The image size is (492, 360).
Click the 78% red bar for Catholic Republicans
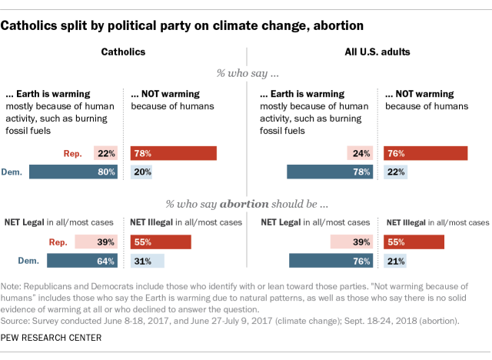[173, 153]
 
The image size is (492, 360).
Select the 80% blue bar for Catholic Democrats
[74, 172]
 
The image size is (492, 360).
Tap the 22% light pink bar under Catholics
[106, 153]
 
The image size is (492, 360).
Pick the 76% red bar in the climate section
[424, 153]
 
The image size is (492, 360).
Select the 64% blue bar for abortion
[82, 261]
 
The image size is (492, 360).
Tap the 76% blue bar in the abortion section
[331, 261]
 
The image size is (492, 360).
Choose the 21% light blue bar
[394, 261]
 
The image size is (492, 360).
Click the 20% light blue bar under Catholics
[141, 172]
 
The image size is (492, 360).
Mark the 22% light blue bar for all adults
[394, 172]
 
